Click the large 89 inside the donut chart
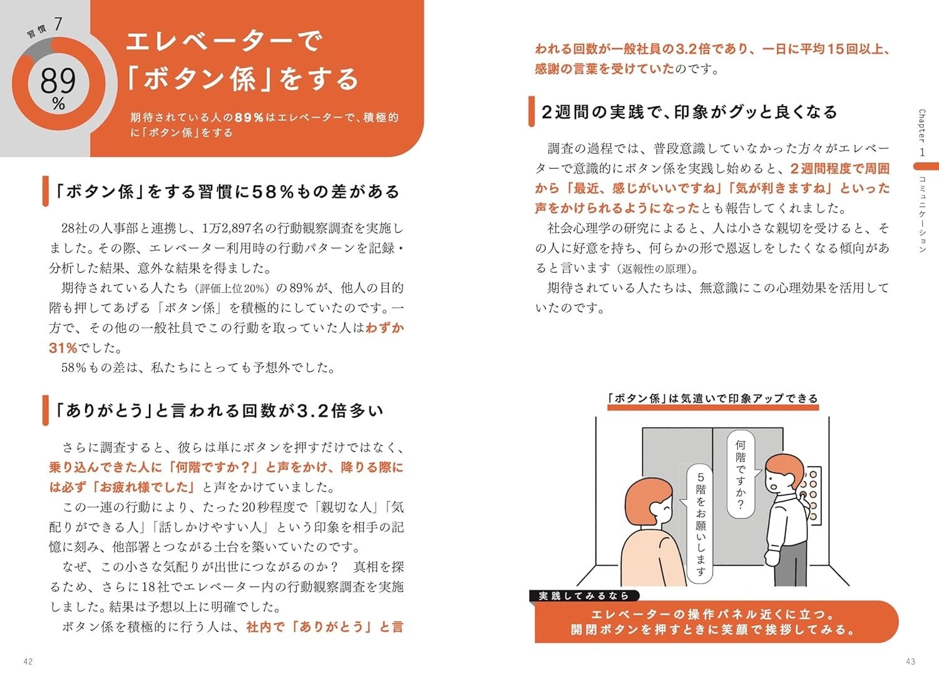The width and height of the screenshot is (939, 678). (x=58, y=81)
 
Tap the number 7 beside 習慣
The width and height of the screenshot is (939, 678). (x=58, y=24)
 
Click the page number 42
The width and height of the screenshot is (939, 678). (x=28, y=661)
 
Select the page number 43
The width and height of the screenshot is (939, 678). (x=910, y=661)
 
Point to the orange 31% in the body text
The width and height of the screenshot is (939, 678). (x=63, y=348)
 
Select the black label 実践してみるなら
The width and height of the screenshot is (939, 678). (x=584, y=595)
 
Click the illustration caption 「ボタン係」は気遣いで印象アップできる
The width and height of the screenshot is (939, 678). (x=712, y=398)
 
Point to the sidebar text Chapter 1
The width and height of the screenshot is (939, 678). (x=922, y=133)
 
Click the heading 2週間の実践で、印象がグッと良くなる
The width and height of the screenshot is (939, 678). (x=689, y=112)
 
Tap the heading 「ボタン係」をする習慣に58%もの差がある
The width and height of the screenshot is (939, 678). (x=227, y=191)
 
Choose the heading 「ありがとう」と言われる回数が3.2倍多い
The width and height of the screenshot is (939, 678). (x=219, y=410)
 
